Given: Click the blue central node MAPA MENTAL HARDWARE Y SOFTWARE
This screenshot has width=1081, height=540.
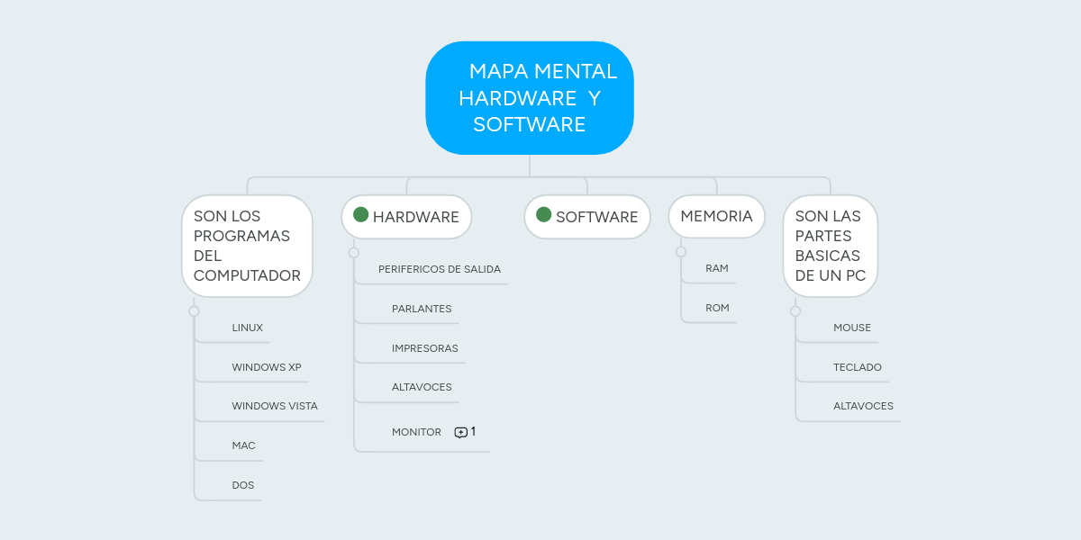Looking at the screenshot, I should pyautogui.click(x=530, y=98).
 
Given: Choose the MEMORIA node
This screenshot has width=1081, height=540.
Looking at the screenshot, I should pyautogui.click(x=716, y=216).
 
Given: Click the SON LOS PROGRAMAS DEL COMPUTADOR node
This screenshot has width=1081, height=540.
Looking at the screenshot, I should pyautogui.click(x=247, y=246).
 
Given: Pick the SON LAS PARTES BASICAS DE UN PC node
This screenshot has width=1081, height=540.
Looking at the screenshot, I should pyautogui.click(x=830, y=246).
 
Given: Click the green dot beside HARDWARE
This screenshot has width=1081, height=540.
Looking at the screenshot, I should pyautogui.click(x=361, y=214).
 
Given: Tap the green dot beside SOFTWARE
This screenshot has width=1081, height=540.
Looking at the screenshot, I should pyautogui.click(x=544, y=214).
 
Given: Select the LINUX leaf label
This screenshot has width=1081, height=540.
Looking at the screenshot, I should pyautogui.click(x=247, y=328).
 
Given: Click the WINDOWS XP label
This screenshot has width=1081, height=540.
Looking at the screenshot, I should pyautogui.click(x=267, y=367).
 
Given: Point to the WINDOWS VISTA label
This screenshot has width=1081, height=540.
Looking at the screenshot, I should pyautogui.click(x=275, y=406).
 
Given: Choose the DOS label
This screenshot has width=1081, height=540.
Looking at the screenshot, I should pyautogui.click(x=243, y=485).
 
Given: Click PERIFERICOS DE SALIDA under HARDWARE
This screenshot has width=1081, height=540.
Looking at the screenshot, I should pyautogui.click(x=440, y=269).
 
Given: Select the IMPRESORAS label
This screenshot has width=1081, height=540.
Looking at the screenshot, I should pyautogui.click(x=425, y=348).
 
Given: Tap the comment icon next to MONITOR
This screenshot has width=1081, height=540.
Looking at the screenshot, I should pyautogui.click(x=461, y=432).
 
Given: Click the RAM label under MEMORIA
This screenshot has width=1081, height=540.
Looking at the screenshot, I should pyautogui.click(x=717, y=268).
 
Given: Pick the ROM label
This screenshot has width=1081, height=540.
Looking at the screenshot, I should pyautogui.click(x=717, y=308).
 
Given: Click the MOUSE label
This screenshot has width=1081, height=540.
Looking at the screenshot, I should pyautogui.click(x=852, y=328).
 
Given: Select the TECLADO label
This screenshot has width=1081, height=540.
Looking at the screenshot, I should pyautogui.click(x=858, y=367).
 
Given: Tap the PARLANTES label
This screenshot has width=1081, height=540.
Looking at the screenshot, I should pyautogui.click(x=422, y=309).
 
